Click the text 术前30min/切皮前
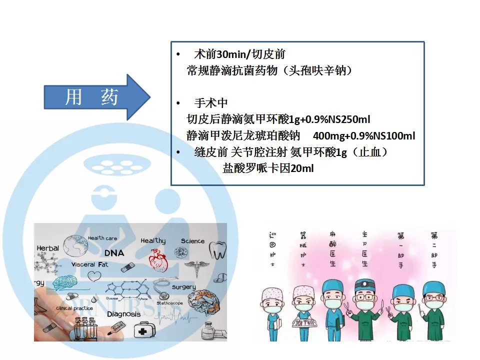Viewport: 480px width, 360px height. (x=239, y=54)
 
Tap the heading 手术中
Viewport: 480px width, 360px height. (x=211, y=103)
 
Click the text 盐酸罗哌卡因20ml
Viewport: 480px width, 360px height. (x=268, y=168)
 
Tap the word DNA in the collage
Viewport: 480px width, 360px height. (x=114, y=253)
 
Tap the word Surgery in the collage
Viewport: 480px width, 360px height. (x=183, y=287)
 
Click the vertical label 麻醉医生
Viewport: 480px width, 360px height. (x=332, y=249)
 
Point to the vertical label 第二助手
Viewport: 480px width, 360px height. (x=434, y=249)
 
